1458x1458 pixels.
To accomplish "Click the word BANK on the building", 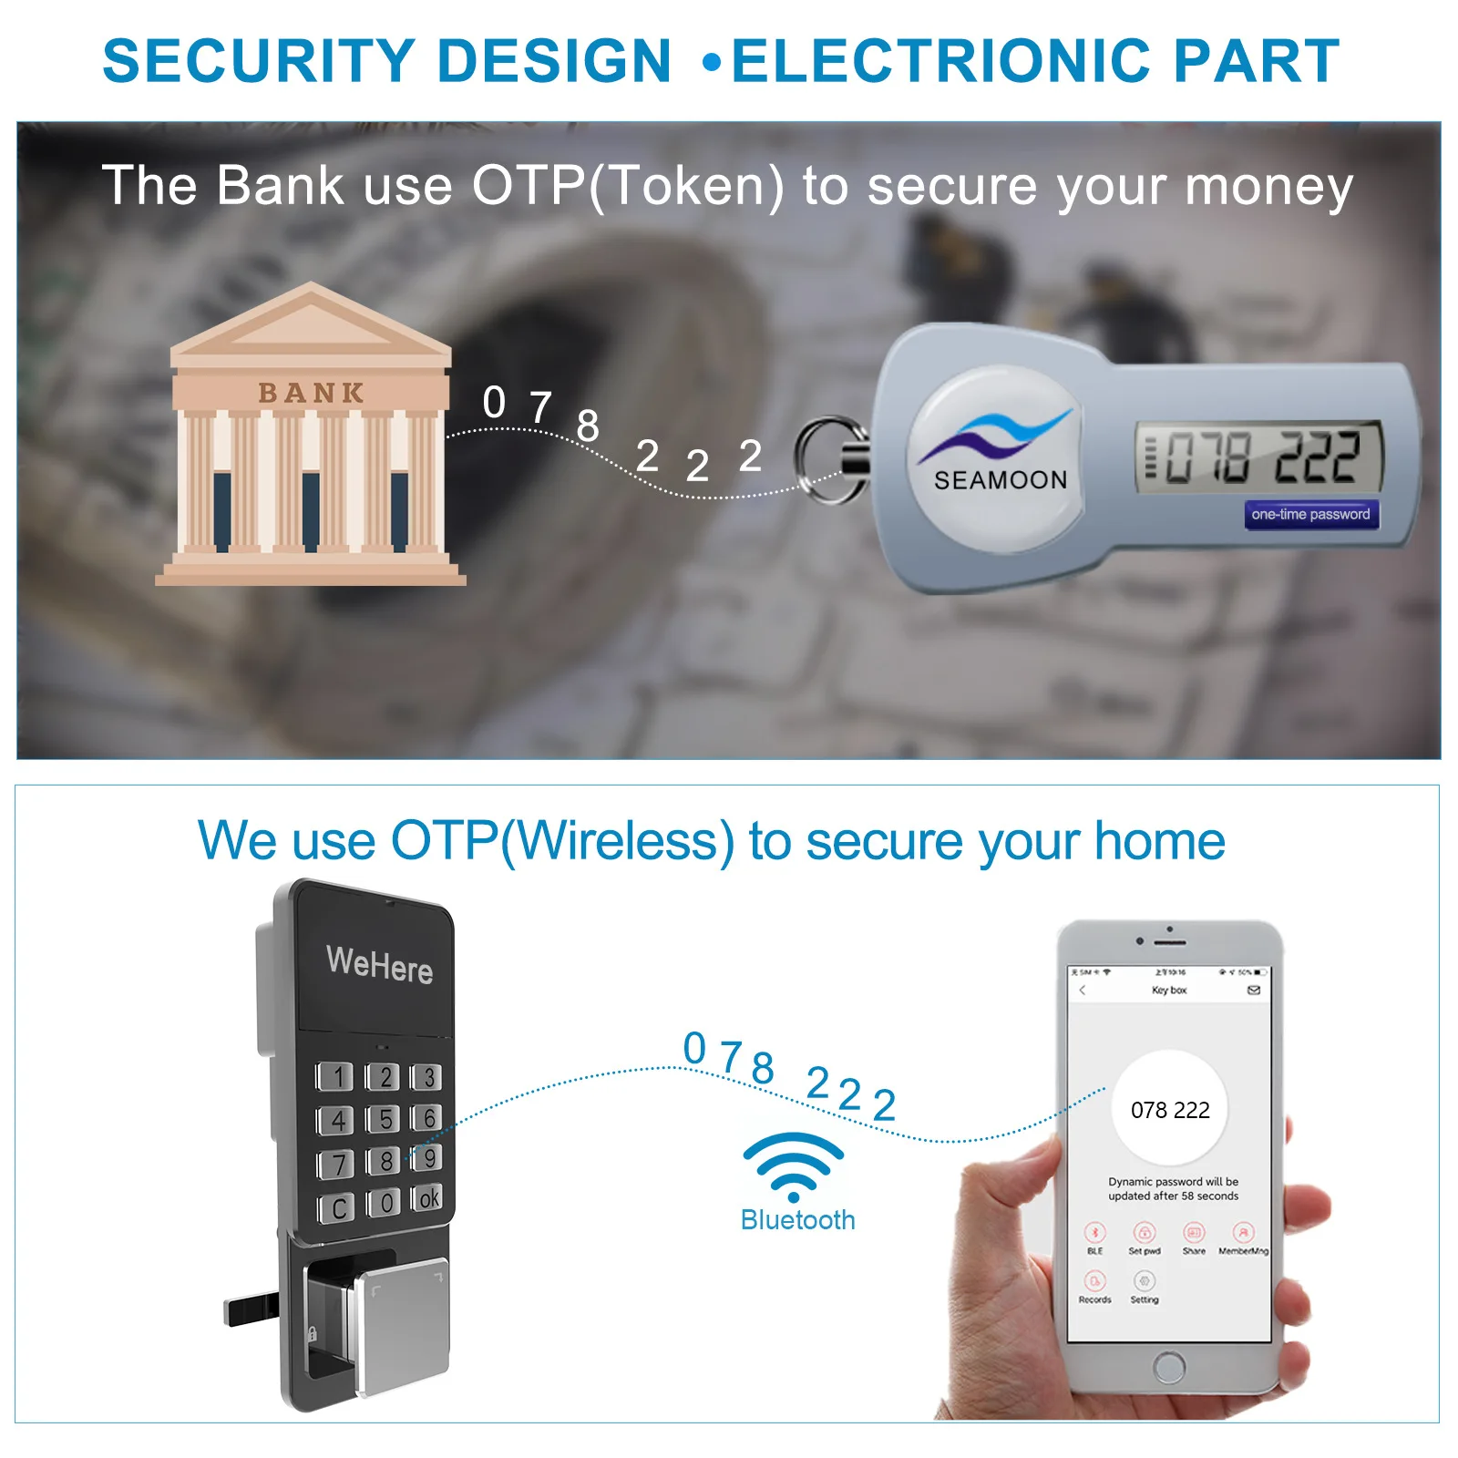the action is [311, 393].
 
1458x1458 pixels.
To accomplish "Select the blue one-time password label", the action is [1310, 515].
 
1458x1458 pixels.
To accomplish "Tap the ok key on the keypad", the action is [427, 1197].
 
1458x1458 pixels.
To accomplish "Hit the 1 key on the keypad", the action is [336, 1077].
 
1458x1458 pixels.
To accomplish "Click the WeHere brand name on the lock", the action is [379, 964].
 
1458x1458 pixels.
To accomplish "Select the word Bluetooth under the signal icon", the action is [797, 1220].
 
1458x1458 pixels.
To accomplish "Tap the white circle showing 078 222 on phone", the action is [1170, 1109].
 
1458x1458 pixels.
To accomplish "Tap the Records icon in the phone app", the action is [1094, 1283].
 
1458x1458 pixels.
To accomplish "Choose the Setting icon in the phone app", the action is [1145, 1283].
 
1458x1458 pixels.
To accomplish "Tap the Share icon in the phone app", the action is [1194, 1235].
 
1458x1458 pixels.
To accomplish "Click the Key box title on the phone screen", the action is [1169, 991].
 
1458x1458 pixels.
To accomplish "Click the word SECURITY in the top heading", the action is [258, 61].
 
